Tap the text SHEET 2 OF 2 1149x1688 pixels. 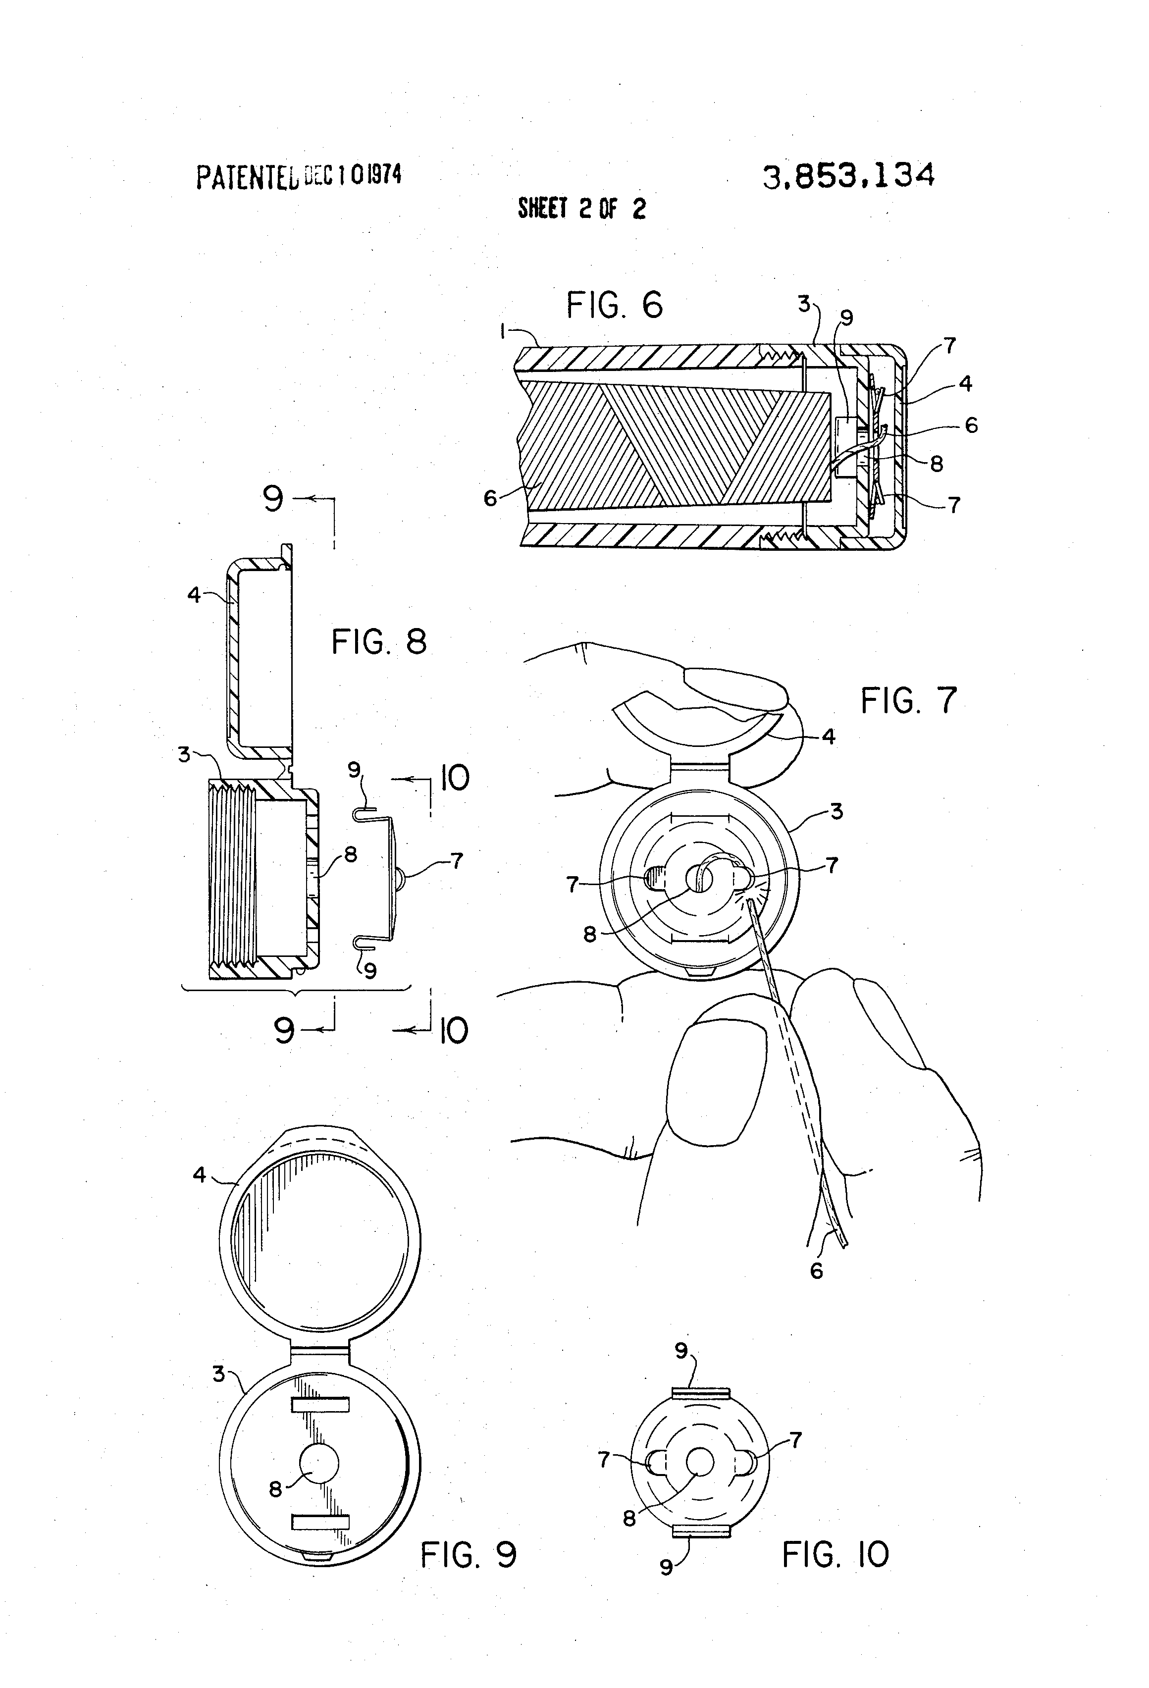581,209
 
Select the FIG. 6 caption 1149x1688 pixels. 615,305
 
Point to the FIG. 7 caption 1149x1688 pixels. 909,701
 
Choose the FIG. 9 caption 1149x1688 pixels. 469,1555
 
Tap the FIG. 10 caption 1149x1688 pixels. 835,1555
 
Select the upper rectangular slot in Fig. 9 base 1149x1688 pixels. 320,1405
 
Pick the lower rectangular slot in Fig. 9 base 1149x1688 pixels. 320,1522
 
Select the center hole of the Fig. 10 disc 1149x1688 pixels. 701,1461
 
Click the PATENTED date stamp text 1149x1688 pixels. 298,176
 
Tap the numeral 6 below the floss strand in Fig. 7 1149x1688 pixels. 816,1270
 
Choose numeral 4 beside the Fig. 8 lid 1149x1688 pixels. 193,595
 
